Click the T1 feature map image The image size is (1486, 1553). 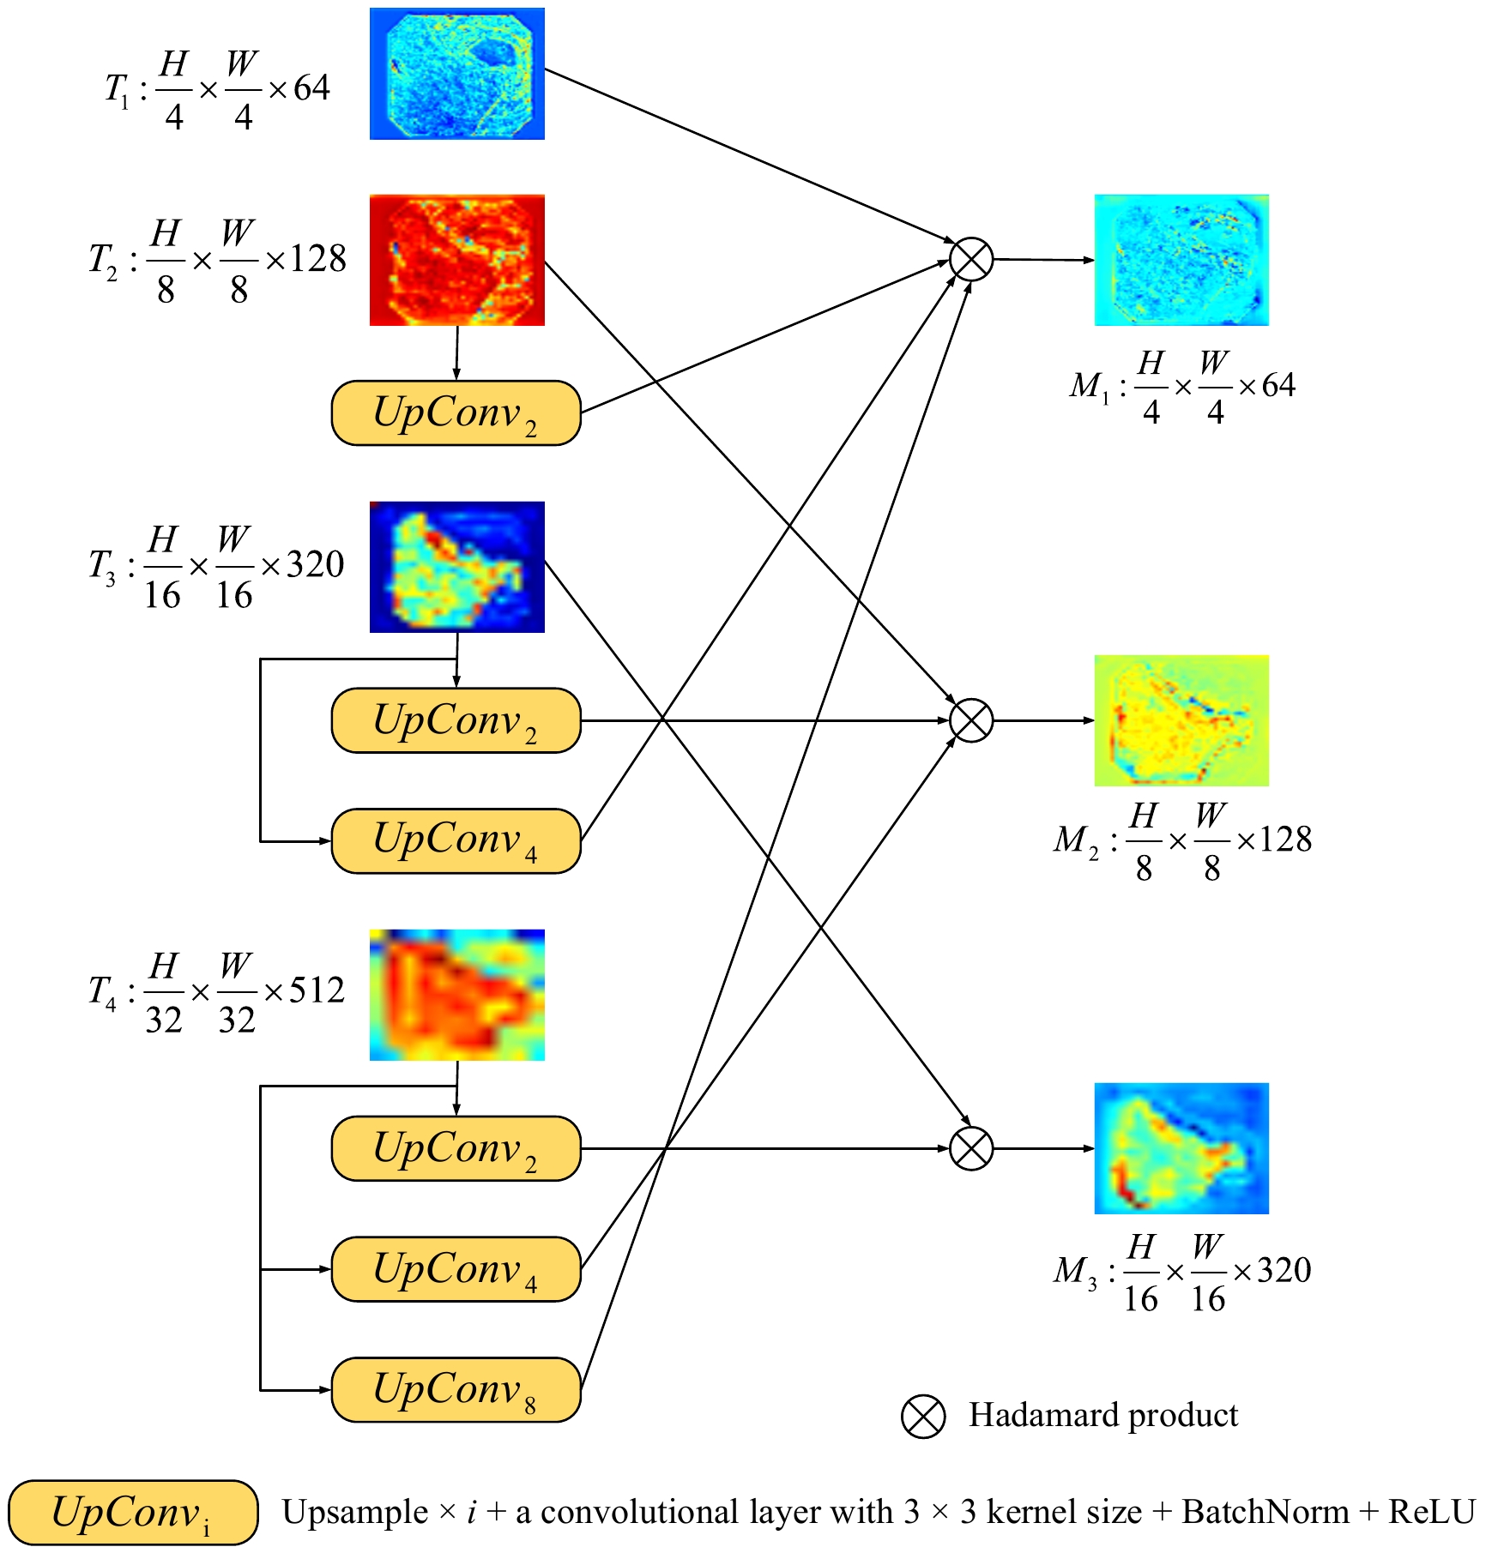coord(456,74)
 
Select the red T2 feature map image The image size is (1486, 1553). coord(456,260)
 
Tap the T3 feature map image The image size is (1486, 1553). coord(456,567)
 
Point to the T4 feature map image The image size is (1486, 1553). coord(456,995)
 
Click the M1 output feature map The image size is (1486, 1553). coord(1181,260)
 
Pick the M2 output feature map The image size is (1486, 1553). coord(1181,720)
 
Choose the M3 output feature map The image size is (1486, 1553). coord(1181,1148)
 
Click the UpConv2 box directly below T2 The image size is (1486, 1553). coord(456,413)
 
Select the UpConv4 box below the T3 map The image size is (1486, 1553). coord(456,840)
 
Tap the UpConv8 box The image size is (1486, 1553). coord(456,1390)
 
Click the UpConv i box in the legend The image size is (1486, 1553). coord(133,1513)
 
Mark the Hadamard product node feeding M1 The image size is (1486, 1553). coord(971,259)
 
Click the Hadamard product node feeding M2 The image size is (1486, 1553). coord(971,720)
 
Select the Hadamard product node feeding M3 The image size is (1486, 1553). coord(971,1148)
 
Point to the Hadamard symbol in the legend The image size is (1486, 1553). coord(923,1416)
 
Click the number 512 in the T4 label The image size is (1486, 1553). coord(317,990)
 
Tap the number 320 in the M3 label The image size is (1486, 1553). coord(1284,1270)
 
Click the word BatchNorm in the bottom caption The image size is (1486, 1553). coord(1266,1513)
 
